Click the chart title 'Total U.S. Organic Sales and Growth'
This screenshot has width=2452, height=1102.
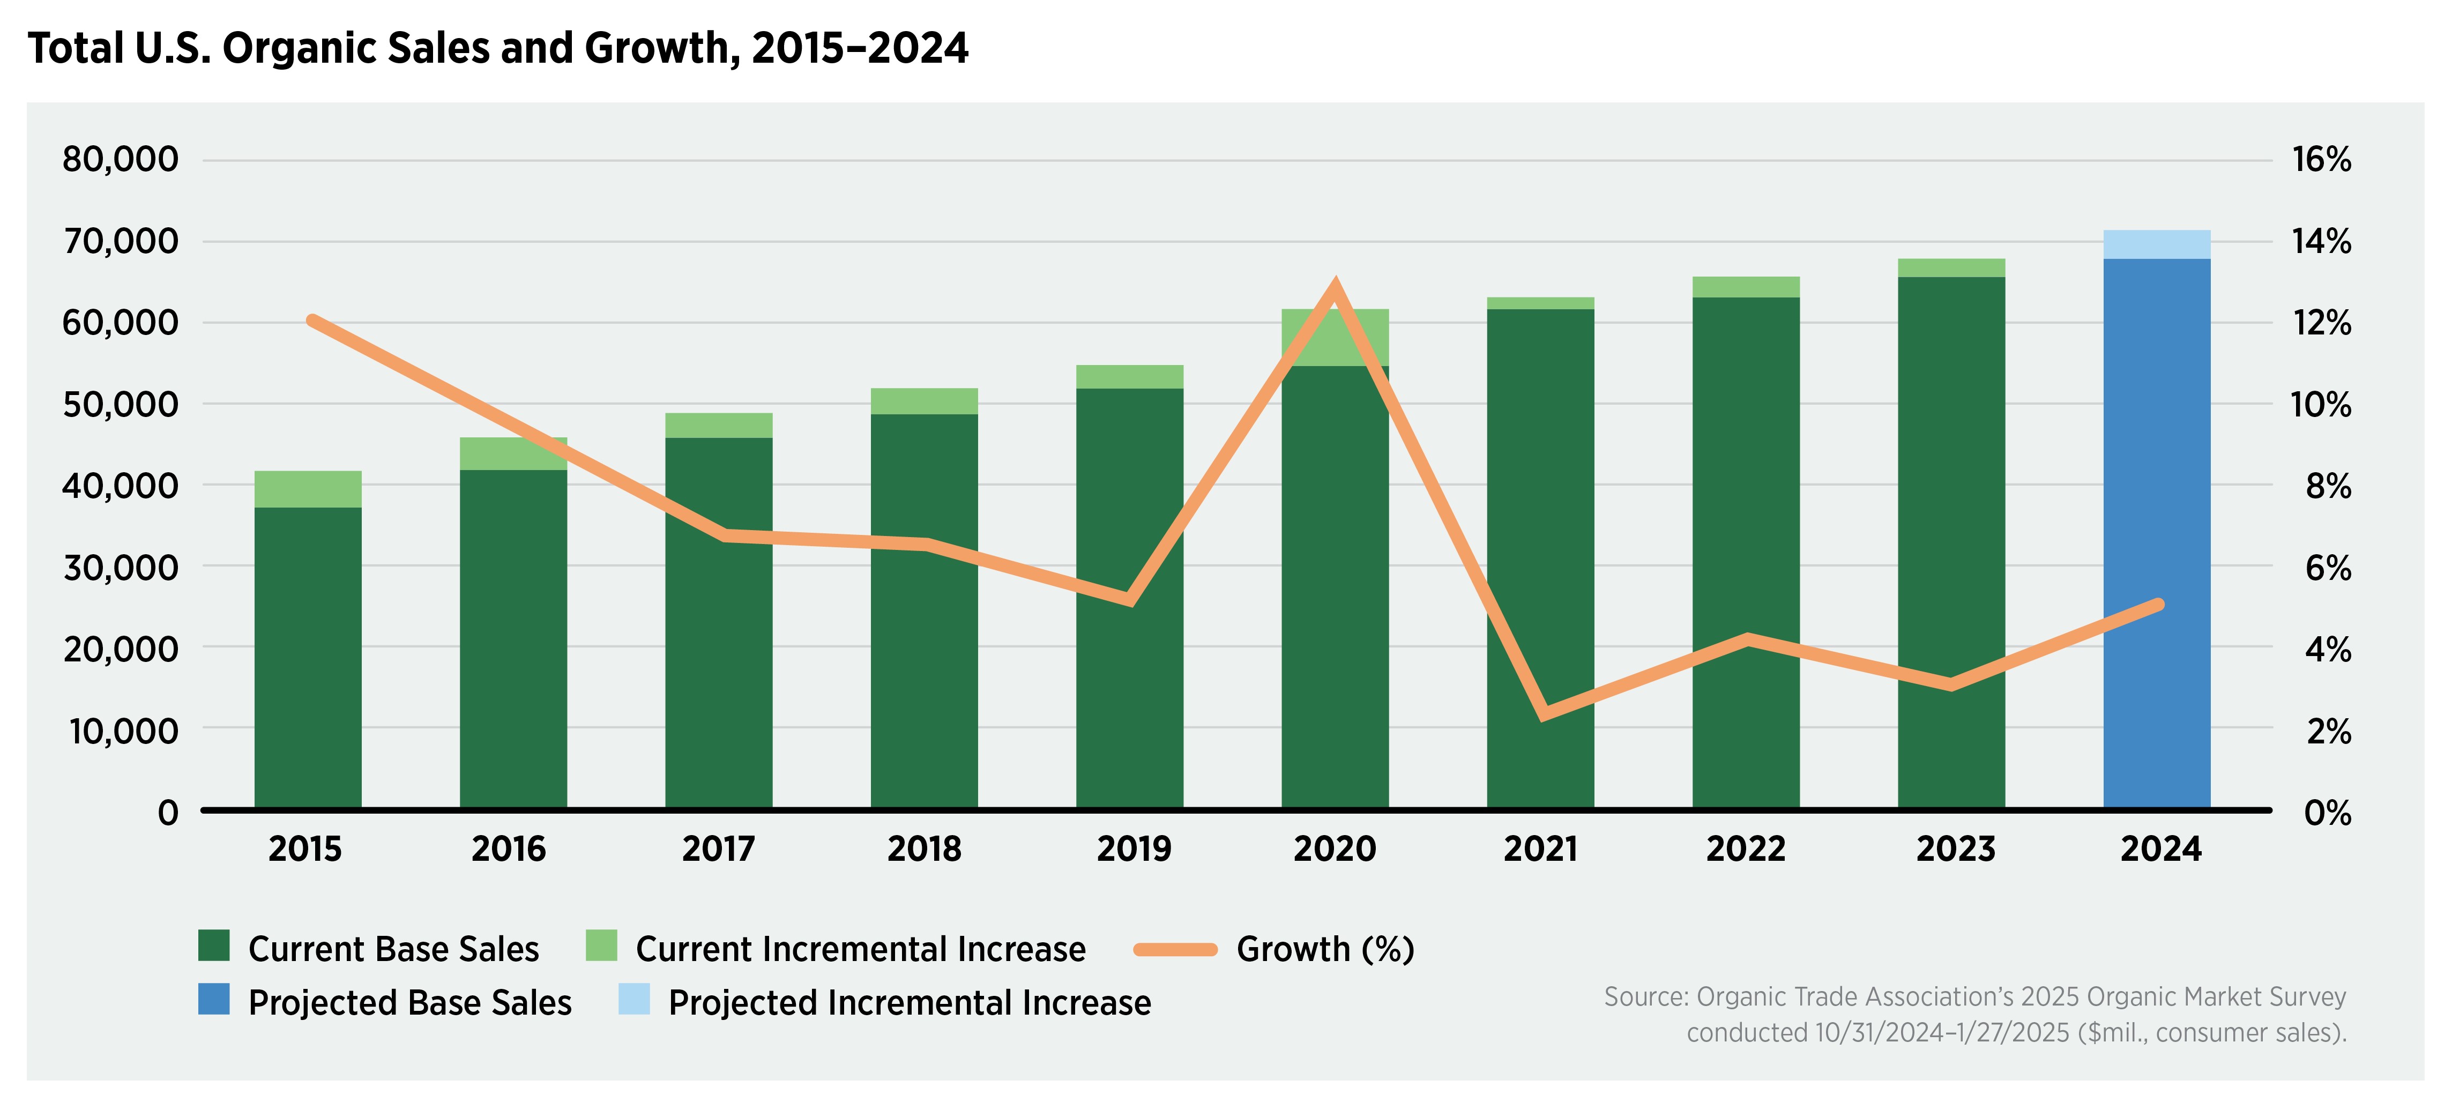(497, 48)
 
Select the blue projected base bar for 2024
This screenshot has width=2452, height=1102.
(2156, 533)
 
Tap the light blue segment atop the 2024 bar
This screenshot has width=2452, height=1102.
(2156, 244)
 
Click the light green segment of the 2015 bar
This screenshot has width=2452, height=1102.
(308, 489)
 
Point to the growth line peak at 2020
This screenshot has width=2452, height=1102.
(1335, 286)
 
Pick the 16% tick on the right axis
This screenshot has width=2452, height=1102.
(2321, 159)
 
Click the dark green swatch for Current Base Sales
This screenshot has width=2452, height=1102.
(214, 946)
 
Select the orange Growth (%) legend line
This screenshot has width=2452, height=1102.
(1175, 949)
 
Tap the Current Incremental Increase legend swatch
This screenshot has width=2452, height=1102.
(601, 946)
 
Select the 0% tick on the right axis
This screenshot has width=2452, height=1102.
(2327, 813)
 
